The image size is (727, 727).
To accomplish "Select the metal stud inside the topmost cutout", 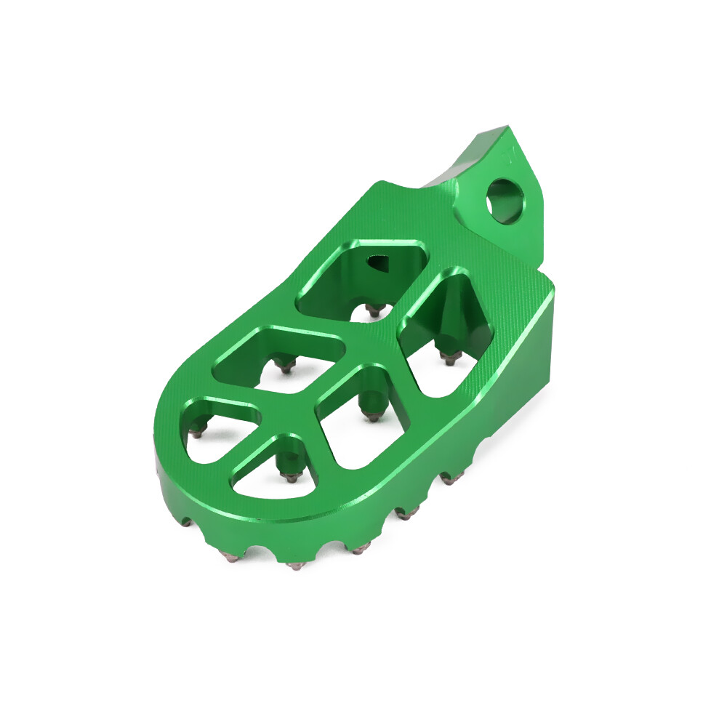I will tap(374, 310).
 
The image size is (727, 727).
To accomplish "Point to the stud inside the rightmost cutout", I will tap(451, 357).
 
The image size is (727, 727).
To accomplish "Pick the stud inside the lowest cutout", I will tap(292, 477).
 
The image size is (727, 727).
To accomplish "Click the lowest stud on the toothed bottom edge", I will tap(294, 565).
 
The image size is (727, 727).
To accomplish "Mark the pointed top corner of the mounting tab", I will tap(503, 129).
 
